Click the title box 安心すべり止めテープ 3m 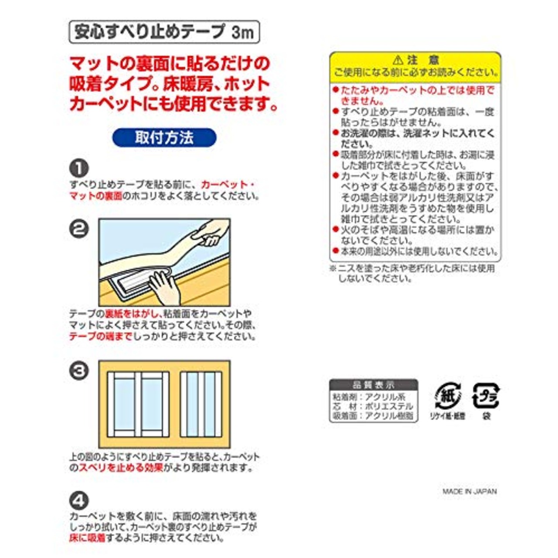click(164, 32)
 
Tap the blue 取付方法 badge click(164, 138)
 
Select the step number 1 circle click(79, 168)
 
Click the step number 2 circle click(79, 229)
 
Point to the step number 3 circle click(79, 371)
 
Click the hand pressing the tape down click(163, 288)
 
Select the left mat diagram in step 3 click(138, 405)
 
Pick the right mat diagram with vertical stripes click(201, 405)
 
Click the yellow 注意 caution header click(415, 66)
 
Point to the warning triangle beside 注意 click(397, 60)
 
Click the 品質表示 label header click(373, 385)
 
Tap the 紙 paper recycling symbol click(448, 396)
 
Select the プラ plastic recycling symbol click(486, 396)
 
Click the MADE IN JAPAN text click(470, 491)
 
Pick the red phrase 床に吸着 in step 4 click(87, 538)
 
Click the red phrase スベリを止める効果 click(121, 468)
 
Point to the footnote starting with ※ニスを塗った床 click(412, 273)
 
